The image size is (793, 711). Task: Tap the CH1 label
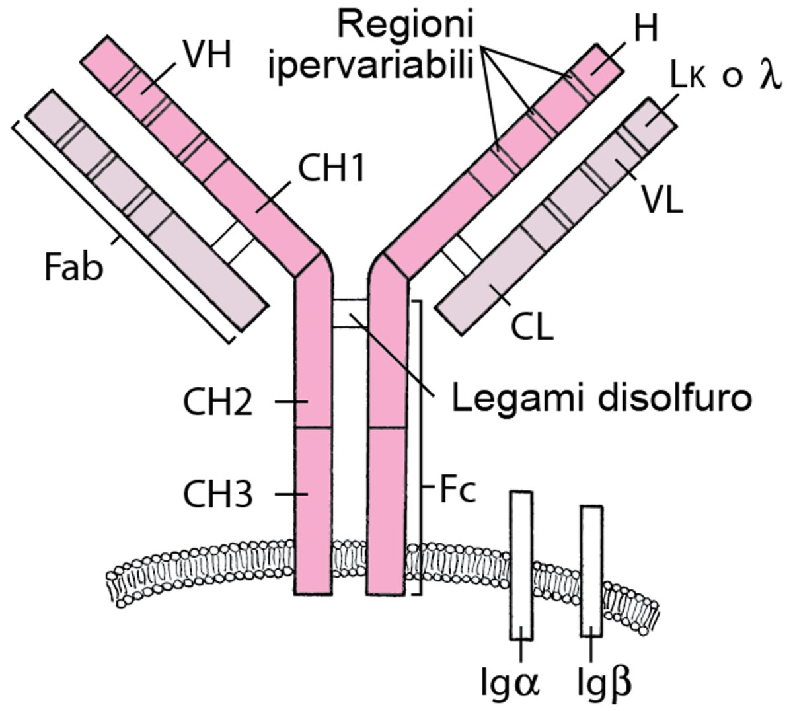coord(331,170)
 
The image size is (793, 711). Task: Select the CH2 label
coord(217,402)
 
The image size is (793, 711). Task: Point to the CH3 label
coord(217,495)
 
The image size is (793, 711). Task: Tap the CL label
coord(533,326)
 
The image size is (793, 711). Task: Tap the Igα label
coord(511,683)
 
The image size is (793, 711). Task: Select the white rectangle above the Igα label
coord(521,566)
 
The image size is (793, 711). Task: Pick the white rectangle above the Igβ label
coord(591,571)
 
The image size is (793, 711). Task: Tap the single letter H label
coord(645,29)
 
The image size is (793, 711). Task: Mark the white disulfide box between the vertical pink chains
coord(349,313)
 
